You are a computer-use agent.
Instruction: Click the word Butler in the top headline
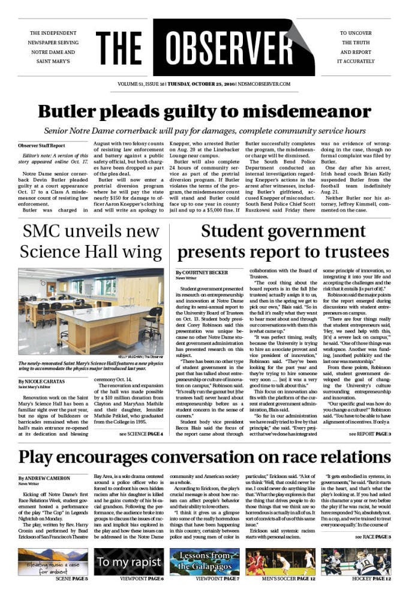click(x=73, y=112)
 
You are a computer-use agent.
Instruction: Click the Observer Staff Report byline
click(x=41, y=146)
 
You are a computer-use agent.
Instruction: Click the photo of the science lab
click(x=91, y=311)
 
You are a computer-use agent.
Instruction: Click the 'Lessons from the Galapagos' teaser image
click(x=204, y=562)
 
